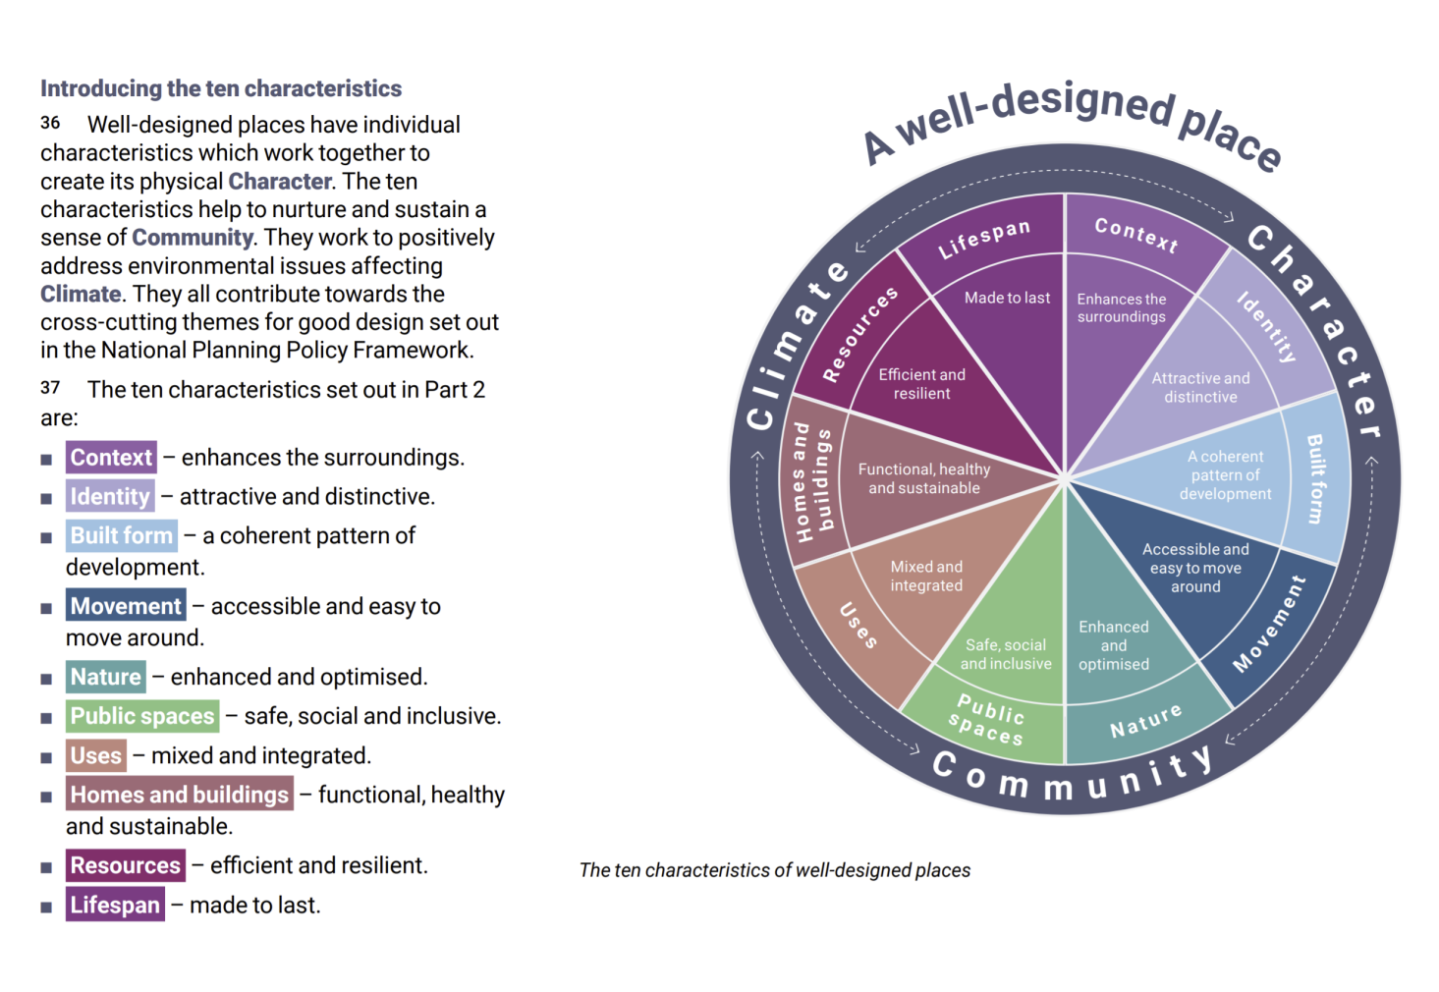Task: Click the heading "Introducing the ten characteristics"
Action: tap(221, 88)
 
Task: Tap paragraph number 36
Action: tap(50, 123)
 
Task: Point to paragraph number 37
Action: tap(50, 388)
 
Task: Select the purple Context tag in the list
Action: tap(111, 458)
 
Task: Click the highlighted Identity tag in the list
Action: tap(110, 497)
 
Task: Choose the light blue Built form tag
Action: tap(122, 536)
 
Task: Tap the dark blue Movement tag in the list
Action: tap(126, 606)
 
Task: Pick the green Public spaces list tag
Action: tap(142, 716)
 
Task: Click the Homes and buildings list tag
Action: tap(180, 795)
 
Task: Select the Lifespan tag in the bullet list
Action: tap(115, 905)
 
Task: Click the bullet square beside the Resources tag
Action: tap(46, 867)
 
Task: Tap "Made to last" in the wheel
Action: tap(1007, 298)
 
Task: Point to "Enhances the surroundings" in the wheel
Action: tap(1122, 307)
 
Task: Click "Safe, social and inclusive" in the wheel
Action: tap(1006, 654)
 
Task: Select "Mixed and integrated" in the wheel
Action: tap(926, 576)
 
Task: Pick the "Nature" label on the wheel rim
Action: tap(1145, 721)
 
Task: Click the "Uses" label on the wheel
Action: tap(858, 626)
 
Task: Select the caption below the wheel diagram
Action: tap(775, 870)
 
